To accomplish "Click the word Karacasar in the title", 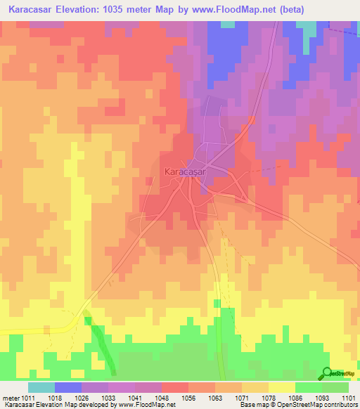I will point(33,10).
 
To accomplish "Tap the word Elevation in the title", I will point(91,10).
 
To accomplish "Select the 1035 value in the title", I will point(138,10).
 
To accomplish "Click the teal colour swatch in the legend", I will point(41,388).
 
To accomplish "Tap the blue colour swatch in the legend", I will point(67,388).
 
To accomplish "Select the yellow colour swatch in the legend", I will point(281,388).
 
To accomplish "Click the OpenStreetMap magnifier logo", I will point(327,372).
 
